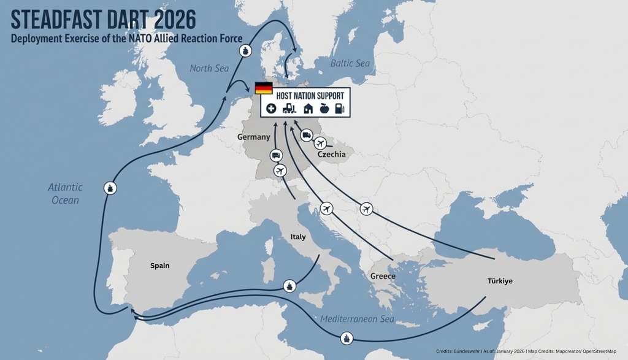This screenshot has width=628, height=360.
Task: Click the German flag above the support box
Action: click(x=264, y=88)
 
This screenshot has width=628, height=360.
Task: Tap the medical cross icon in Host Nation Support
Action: click(x=271, y=109)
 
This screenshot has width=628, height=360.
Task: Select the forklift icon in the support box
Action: click(x=289, y=109)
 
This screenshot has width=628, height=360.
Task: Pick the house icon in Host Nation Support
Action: click(x=308, y=109)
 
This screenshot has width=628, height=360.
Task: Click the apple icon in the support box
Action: click(x=325, y=109)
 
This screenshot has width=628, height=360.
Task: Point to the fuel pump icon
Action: click(x=341, y=109)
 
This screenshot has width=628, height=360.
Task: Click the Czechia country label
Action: click(x=331, y=155)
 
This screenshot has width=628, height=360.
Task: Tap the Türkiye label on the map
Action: click(x=500, y=281)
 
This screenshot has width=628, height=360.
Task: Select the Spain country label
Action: click(x=159, y=266)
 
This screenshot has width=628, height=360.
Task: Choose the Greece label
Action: click(x=383, y=277)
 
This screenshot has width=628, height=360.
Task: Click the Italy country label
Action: click(x=298, y=237)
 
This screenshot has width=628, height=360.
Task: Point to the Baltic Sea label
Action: click(x=350, y=63)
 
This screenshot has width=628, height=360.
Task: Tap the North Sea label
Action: click(x=209, y=68)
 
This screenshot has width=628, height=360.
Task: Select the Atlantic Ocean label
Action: click(x=65, y=193)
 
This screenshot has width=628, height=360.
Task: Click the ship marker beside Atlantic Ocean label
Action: click(x=110, y=188)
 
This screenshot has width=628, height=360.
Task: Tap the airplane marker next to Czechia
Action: click(x=320, y=144)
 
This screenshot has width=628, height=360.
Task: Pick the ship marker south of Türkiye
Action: click(x=347, y=338)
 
